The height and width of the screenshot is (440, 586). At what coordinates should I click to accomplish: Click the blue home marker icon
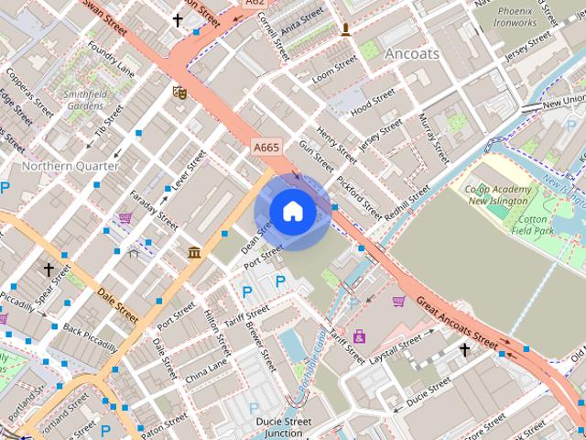point(292,212)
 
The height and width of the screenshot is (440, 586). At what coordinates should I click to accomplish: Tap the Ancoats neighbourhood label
point(411,53)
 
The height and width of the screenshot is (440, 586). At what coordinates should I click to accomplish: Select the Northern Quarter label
point(70,166)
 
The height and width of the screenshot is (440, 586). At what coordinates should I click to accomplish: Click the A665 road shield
point(266,147)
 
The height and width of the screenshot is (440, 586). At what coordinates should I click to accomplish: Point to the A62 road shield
point(255,4)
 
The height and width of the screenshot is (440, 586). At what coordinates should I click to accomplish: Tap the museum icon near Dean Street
point(194,252)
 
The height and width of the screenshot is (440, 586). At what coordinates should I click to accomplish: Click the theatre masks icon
point(179,92)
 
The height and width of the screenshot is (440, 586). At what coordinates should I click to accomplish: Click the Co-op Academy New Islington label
point(499,194)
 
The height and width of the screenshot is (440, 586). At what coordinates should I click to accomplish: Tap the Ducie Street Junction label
point(281,427)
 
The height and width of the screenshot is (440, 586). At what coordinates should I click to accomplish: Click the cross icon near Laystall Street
point(464,349)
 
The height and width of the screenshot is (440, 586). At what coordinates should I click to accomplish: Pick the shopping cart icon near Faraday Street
point(125,217)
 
